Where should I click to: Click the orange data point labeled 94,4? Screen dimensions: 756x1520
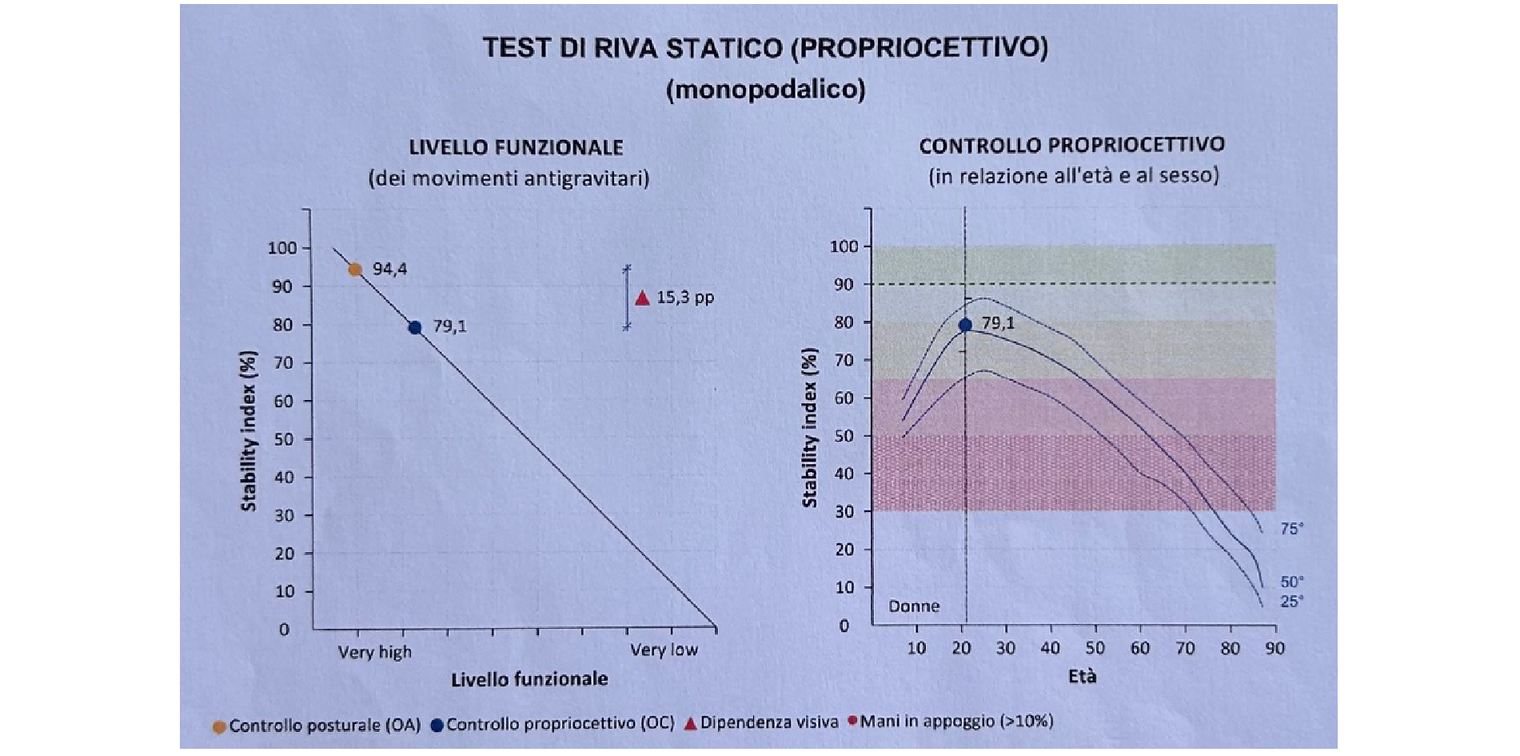355,270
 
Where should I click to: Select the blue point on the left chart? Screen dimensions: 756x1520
415,327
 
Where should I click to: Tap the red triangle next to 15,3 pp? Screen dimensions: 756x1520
642,298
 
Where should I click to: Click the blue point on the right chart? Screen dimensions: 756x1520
965,325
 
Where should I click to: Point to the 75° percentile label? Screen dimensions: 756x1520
1291,529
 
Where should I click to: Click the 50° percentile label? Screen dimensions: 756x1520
1291,582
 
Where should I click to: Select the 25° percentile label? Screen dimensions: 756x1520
1291,601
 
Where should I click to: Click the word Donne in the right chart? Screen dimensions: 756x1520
914,606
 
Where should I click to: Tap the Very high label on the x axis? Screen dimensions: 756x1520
374,652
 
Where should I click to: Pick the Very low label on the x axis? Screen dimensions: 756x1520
664,650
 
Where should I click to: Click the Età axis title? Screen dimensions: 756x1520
1082,677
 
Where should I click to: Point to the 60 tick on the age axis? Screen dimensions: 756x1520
1139,648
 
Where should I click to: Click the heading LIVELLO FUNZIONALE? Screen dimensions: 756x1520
516,148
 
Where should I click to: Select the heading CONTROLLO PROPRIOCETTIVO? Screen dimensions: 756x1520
1071,146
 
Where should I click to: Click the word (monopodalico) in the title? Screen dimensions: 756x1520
765,89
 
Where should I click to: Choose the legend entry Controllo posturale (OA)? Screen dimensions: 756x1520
324,726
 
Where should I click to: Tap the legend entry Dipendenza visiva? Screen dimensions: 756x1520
768,722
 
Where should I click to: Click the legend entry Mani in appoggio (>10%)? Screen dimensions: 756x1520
956,722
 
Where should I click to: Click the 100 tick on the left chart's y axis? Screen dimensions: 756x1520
281,248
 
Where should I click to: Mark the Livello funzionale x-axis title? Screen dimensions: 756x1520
529,679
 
